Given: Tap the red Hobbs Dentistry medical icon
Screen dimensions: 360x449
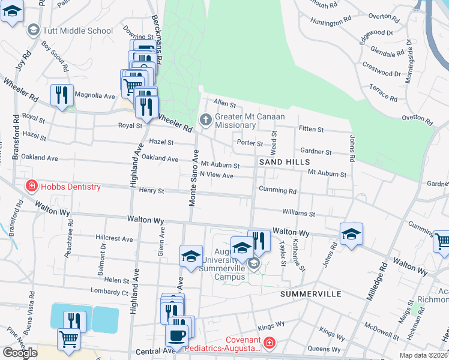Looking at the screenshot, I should pyautogui.click(x=30, y=187).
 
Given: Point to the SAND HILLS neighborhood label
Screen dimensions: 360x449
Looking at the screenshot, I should pyautogui.click(x=285, y=162).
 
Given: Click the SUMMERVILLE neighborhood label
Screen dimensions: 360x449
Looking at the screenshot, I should pyautogui.click(x=310, y=294).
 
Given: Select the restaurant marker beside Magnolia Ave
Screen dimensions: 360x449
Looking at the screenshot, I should pyautogui.click(x=62, y=95).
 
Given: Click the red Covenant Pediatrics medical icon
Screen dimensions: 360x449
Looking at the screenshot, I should pyautogui.click(x=270, y=343).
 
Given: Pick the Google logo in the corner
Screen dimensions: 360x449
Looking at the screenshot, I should pyautogui.click(x=20, y=353).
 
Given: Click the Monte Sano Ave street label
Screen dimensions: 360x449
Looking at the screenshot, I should pyautogui.click(x=194, y=179).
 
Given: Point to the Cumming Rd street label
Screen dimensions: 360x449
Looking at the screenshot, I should pyautogui.click(x=277, y=191).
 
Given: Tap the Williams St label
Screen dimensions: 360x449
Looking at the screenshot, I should pyautogui.click(x=298, y=213).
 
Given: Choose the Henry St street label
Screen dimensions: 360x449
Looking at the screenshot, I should pyautogui.click(x=151, y=191).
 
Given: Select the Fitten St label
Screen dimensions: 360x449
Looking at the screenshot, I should pyautogui.click(x=311, y=129).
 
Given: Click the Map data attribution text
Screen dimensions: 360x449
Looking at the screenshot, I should pyautogui.click(x=424, y=355).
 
